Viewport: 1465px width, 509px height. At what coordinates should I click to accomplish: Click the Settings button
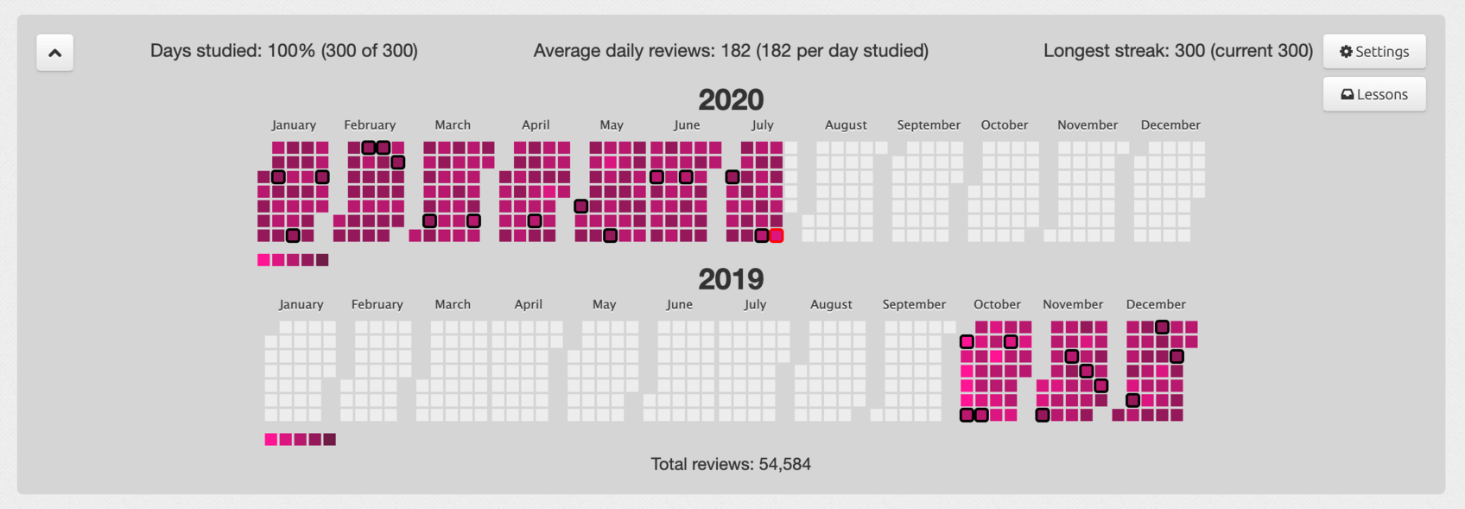click(1373, 52)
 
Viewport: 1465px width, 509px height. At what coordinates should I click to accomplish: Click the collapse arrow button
click(54, 53)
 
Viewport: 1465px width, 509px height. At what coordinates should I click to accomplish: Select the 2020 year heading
click(731, 100)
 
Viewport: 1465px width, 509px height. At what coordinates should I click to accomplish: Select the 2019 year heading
click(731, 279)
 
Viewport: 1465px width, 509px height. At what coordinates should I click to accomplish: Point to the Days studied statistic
click(283, 51)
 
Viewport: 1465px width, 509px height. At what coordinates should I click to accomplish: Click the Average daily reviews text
click(731, 51)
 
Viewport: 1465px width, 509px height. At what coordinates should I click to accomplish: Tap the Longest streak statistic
click(1177, 51)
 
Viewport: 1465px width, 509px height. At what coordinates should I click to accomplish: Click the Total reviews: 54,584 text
click(731, 464)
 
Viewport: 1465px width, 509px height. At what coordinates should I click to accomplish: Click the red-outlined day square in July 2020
click(777, 236)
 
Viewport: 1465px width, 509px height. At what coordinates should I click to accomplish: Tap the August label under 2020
click(846, 125)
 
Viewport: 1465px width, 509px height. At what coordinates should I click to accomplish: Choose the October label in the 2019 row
click(997, 304)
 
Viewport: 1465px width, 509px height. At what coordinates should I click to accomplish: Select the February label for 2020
click(370, 125)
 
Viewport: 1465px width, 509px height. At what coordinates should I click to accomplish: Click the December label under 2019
click(1156, 304)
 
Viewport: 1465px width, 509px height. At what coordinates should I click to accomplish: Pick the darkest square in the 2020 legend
click(322, 260)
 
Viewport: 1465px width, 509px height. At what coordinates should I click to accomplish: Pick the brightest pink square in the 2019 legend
click(271, 440)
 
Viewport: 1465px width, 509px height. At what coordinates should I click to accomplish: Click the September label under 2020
click(929, 125)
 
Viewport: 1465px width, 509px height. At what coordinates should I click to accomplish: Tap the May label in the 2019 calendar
click(604, 304)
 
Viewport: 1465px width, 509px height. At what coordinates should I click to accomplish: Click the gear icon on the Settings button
click(1346, 52)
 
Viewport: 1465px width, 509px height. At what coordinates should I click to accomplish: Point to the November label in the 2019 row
click(1073, 304)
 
